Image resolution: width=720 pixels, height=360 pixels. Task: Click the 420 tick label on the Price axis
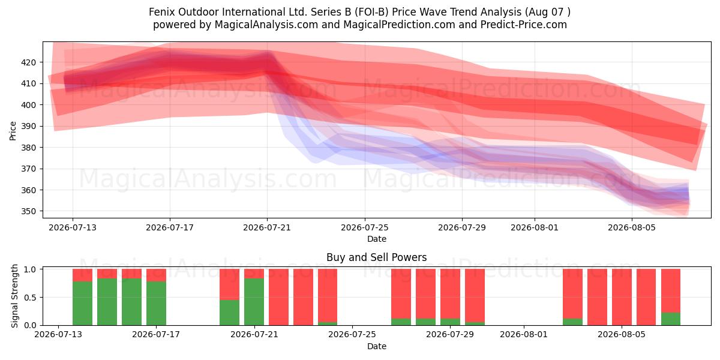coord(28,62)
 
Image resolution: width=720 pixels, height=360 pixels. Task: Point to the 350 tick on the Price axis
coord(28,211)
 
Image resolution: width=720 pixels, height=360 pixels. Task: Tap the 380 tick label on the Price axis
coord(28,148)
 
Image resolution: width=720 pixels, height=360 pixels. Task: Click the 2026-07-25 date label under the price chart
coord(365,228)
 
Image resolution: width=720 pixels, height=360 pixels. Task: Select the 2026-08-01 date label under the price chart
coord(535,228)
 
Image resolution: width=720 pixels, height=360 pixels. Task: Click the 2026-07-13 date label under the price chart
coord(73,228)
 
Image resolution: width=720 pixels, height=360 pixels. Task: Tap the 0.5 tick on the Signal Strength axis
coord(30,298)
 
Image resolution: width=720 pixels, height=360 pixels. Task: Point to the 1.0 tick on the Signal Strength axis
coord(30,269)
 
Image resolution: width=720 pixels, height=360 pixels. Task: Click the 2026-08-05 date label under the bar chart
coord(622,335)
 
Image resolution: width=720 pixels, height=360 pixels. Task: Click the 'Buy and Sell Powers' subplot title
coord(376,257)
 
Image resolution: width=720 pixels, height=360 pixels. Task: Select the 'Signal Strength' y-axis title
coord(14,296)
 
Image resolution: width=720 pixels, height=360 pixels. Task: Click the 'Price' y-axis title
coord(13,131)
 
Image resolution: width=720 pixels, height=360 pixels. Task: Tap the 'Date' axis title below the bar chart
coord(377,347)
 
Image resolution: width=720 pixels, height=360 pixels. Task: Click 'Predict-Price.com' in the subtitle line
coord(524,25)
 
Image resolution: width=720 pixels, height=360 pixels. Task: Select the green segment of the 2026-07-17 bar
coord(156,304)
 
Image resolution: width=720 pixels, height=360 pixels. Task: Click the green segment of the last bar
coord(671,319)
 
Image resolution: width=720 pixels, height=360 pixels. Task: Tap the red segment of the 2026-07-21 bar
coord(254,274)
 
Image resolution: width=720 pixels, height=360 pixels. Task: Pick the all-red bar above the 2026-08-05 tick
coord(622,297)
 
